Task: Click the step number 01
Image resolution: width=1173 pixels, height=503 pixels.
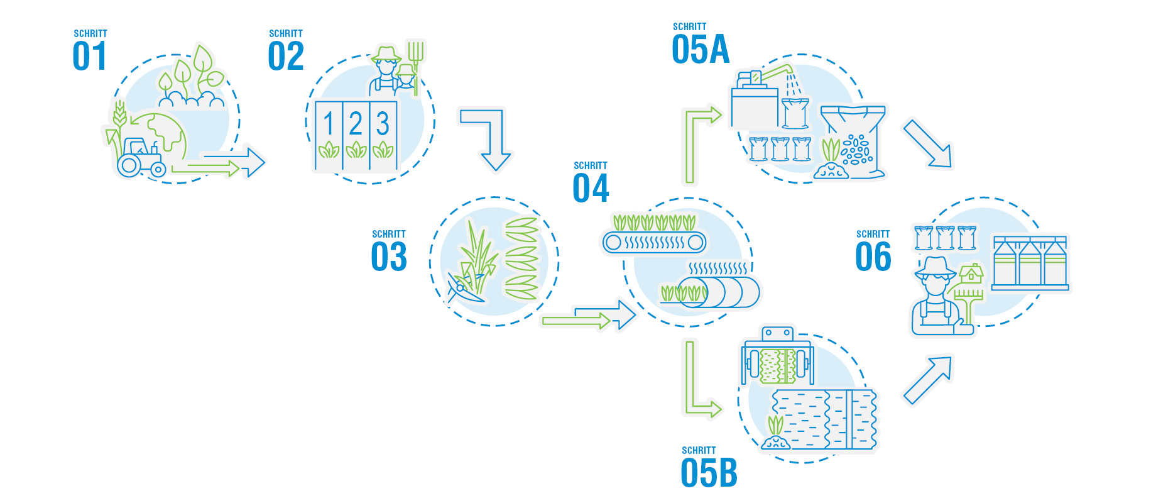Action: pos(89,56)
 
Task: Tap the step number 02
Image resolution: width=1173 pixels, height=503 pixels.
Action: pos(286,56)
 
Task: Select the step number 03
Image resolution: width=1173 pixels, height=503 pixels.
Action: pos(389,257)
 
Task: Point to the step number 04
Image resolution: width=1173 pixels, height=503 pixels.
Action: pos(591,188)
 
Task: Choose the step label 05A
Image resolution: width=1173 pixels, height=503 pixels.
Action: pos(701,50)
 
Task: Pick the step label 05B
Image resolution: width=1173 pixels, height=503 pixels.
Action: pos(709,473)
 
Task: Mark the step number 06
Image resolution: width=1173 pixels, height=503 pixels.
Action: pos(873,257)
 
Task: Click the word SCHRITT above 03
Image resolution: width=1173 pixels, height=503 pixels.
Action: pos(389,234)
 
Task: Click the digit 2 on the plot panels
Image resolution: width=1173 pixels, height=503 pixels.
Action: pos(356,124)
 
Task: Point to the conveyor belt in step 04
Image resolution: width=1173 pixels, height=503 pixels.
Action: pos(654,242)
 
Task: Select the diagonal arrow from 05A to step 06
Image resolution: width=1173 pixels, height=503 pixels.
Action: pos(927,144)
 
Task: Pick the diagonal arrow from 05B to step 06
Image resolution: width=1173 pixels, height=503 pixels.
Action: pos(927,380)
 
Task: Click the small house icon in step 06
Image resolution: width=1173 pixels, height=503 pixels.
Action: pos(971,274)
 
